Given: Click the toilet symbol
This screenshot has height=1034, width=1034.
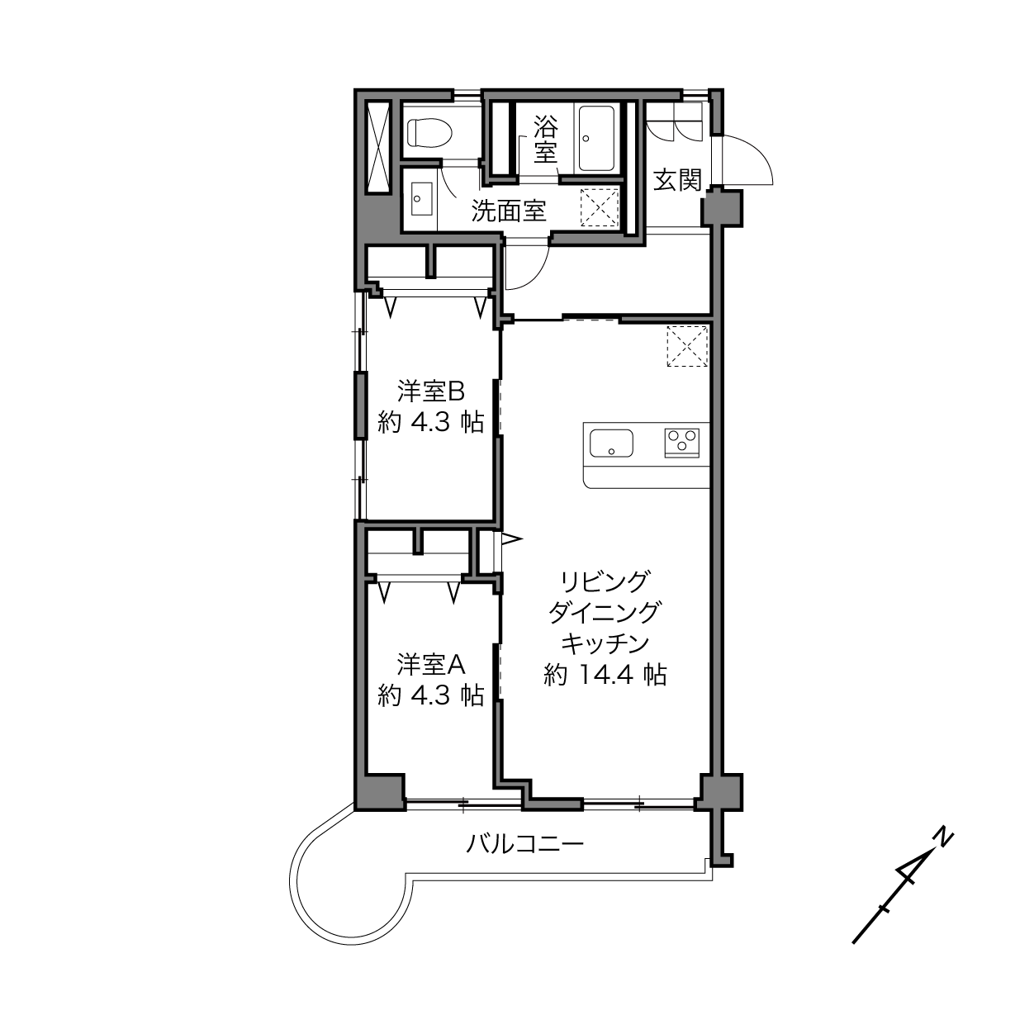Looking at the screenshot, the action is pyautogui.click(x=429, y=131).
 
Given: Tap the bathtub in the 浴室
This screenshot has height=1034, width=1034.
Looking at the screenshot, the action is pyautogui.click(x=596, y=139).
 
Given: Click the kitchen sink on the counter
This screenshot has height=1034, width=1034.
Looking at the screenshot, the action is pyautogui.click(x=611, y=443).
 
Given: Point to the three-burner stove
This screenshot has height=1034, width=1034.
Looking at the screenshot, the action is pyautogui.click(x=682, y=443).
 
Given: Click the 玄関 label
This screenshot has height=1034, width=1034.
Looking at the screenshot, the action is pyautogui.click(x=677, y=180).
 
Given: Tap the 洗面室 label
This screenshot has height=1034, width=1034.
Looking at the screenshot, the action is pyautogui.click(x=509, y=211).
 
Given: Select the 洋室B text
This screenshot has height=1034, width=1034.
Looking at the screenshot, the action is pyautogui.click(x=431, y=391).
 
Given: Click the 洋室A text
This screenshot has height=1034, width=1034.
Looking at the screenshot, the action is pyautogui.click(x=431, y=665).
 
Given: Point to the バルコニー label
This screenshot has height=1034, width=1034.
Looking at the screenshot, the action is pyautogui.click(x=524, y=844).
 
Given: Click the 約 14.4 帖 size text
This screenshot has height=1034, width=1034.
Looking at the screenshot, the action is pyautogui.click(x=605, y=675).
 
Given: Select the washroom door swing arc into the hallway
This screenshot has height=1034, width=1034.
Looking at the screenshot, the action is pyautogui.click(x=539, y=274).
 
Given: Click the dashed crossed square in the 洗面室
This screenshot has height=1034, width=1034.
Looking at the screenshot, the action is pyautogui.click(x=600, y=207).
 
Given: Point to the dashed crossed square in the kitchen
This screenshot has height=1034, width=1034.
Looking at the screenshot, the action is pyautogui.click(x=687, y=346).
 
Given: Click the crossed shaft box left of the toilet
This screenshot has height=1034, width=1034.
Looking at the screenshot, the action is pyautogui.click(x=378, y=146).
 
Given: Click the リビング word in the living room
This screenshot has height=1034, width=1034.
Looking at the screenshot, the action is pyautogui.click(x=605, y=582).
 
